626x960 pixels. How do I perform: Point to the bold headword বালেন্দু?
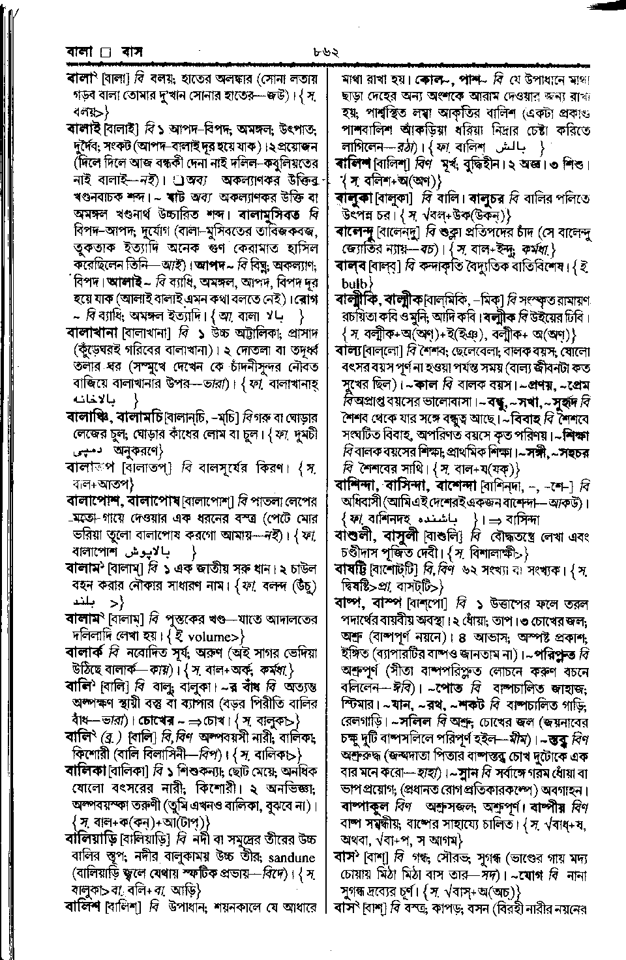361,230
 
